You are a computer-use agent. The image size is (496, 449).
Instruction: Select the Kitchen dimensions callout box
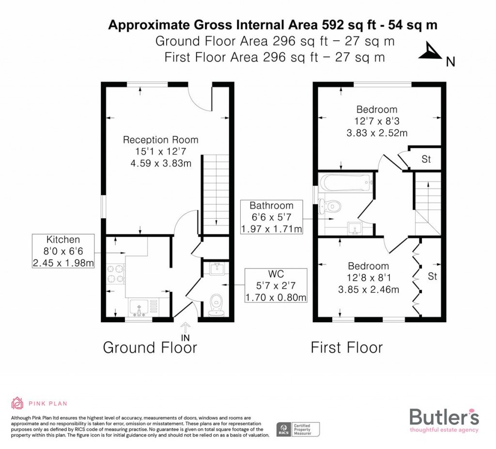pyautogui.click(x=63, y=251)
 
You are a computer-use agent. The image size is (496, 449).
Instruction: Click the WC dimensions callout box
pyautogui.click(x=276, y=285)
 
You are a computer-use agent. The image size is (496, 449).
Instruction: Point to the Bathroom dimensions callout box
pyautogui.click(x=271, y=217)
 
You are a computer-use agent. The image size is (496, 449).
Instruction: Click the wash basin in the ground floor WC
pyautogui.click(x=216, y=268)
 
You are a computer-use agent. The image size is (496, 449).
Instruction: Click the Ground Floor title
pyautogui.click(x=150, y=347)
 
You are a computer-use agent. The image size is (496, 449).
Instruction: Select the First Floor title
pyautogui.click(x=346, y=347)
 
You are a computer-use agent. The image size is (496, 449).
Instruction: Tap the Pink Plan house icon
pyautogui.click(x=17, y=403)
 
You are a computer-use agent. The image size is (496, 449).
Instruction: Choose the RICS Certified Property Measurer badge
pyautogui.click(x=298, y=429)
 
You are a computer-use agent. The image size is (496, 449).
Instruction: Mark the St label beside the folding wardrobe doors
pyautogui.click(x=432, y=277)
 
